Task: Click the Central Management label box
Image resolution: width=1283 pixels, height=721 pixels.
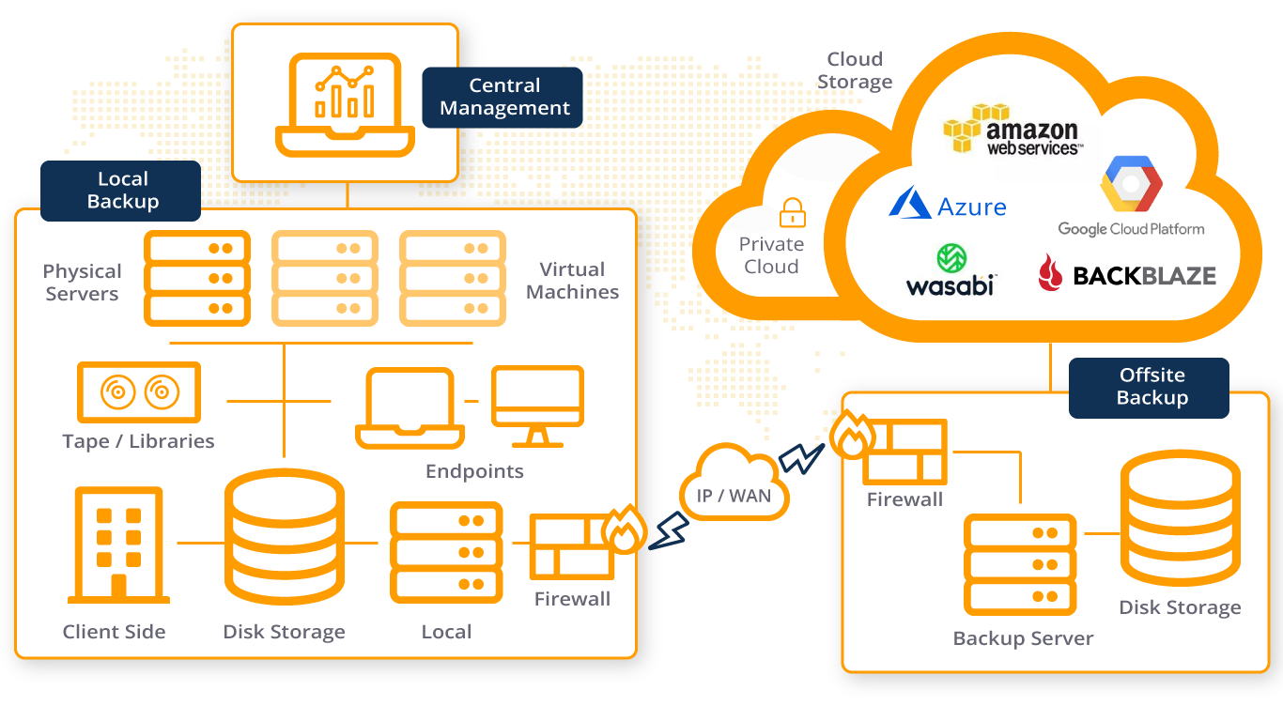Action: pos(503,97)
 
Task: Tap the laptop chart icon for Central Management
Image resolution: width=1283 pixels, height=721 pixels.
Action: pos(345,103)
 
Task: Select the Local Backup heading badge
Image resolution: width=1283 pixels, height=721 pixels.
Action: pos(121,191)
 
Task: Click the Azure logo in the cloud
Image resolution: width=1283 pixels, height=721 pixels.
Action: pos(949,204)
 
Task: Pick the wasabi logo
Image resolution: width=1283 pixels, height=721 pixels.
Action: pos(950,270)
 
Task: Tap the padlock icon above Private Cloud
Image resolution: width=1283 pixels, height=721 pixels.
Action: pos(793,212)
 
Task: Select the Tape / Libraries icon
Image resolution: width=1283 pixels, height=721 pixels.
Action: pos(139,391)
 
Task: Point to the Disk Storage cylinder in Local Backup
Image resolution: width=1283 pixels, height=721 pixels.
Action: pos(283,540)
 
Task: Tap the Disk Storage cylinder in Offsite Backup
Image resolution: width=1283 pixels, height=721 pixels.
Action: pos(1179,518)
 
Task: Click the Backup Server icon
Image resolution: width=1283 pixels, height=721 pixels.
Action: pos(1020,564)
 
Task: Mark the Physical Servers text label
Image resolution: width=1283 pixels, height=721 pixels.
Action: pos(83,283)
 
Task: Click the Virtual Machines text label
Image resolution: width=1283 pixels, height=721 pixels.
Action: pos(572,281)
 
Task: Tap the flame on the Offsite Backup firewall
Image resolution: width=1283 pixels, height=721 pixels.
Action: pos(852,434)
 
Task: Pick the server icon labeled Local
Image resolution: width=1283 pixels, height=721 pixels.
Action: pos(446,552)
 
